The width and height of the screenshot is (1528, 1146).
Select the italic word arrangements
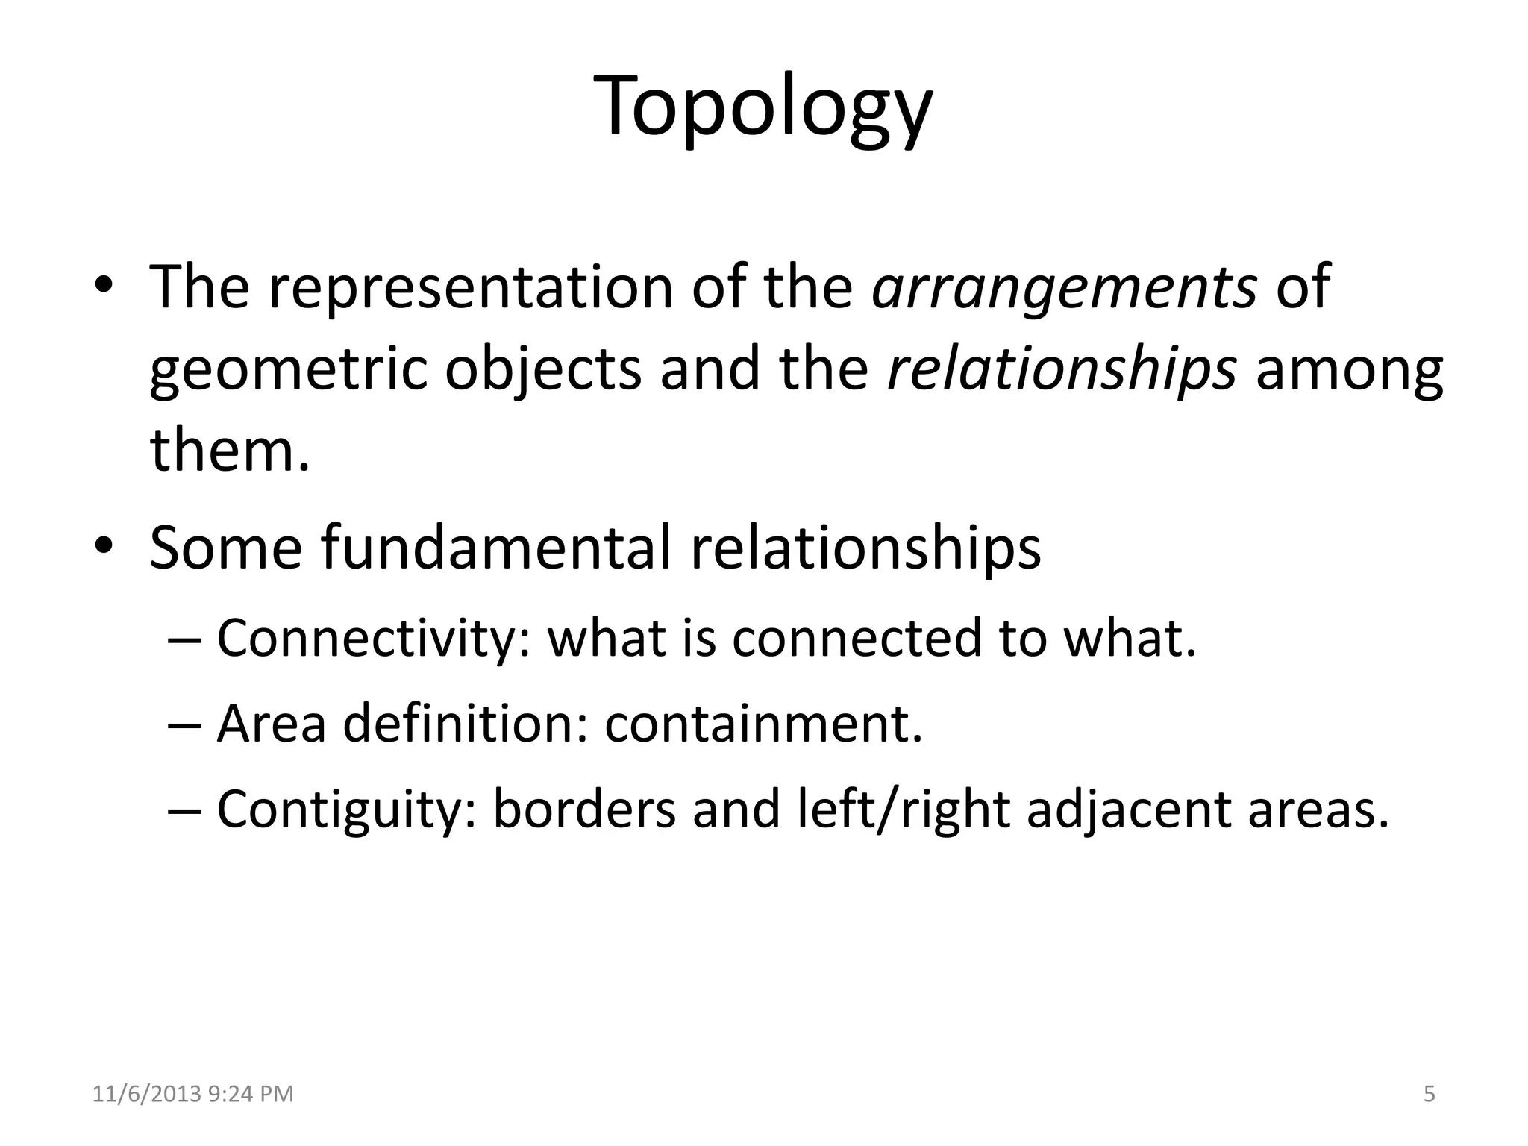pos(1065,286)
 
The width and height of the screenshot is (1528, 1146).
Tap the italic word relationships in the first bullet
pos(1062,370)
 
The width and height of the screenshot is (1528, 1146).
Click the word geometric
pos(288,370)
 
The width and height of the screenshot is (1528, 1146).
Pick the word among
pos(1349,372)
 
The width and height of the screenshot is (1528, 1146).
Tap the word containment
pos(763,724)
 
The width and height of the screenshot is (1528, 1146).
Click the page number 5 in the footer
pos(1429,1095)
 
